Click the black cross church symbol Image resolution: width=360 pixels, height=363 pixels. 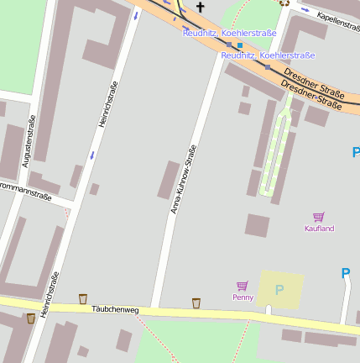coord(200,7)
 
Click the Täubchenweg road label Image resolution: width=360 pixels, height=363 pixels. coord(115,310)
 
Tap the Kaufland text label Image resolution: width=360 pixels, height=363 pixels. coord(319,229)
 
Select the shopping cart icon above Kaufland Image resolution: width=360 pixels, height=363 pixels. coord(319,217)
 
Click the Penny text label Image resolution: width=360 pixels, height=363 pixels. coord(243,297)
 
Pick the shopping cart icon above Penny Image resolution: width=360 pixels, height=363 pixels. coord(243,286)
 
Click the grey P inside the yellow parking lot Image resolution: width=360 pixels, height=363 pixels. coord(279,290)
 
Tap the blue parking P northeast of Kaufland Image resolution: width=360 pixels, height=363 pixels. coord(355,152)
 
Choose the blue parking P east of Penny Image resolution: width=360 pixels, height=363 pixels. coord(345,273)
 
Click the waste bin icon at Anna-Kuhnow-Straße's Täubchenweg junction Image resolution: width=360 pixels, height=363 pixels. coord(196,302)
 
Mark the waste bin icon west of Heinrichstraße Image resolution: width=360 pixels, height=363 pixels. coord(31,318)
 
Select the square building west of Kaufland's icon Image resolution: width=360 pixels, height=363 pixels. coord(257,225)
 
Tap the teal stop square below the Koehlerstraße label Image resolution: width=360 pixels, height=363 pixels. coord(239,45)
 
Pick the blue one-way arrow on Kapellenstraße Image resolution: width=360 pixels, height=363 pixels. coord(305,11)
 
